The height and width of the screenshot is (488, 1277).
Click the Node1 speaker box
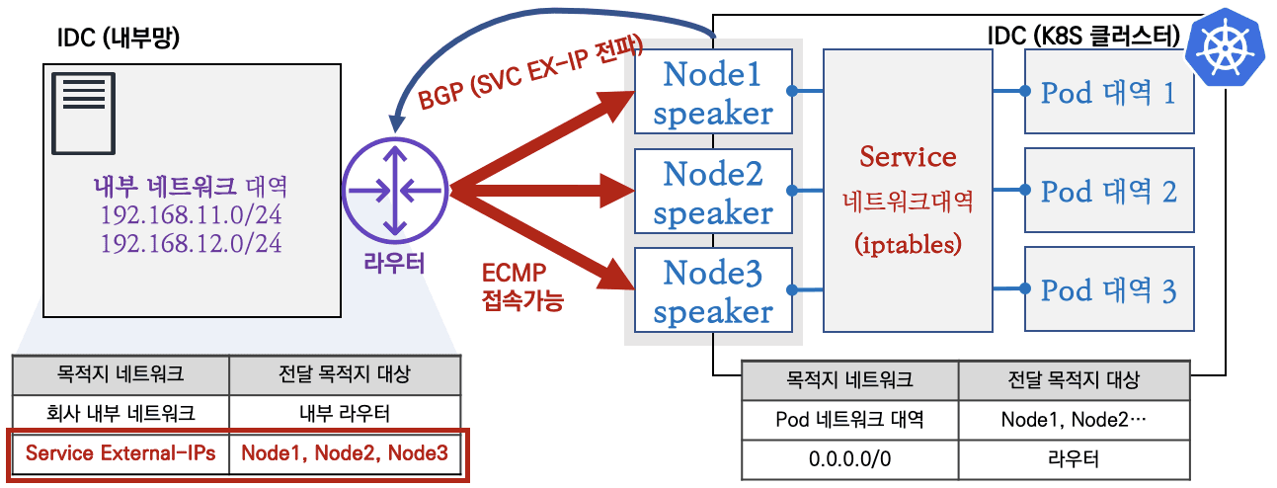(713, 93)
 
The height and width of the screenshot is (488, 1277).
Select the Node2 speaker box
(713, 193)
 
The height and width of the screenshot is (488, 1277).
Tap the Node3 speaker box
(713, 291)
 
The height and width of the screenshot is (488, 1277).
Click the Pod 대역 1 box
(1109, 92)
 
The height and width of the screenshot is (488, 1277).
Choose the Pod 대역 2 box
(1109, 191)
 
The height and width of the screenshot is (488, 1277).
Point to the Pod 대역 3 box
(1109, 290)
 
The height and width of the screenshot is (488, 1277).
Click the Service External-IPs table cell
(120, 453)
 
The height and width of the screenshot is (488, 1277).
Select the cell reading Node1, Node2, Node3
(345, 453)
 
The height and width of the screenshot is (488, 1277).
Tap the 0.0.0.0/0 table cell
(849, 458)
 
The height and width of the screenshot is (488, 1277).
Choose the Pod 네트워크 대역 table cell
(849, 419)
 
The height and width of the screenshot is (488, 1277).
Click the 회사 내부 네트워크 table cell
(120, 412)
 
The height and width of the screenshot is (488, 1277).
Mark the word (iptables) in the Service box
(907, 244)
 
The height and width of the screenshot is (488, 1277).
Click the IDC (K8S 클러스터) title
(1083, 38)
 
